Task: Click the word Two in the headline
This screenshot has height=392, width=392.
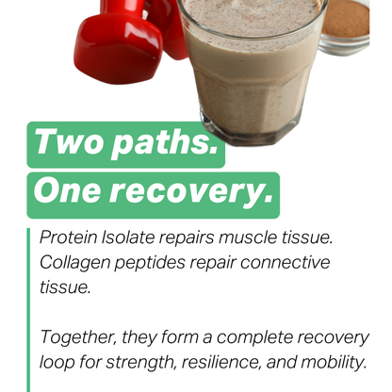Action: [x=68, y=143]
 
